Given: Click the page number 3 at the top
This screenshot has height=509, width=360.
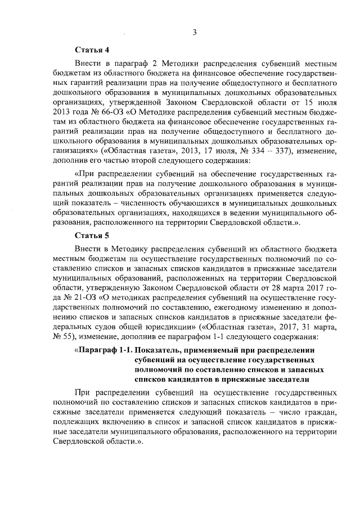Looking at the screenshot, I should pyautogui.click(x=193, y=32).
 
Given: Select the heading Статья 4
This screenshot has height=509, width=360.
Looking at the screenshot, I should pyautogui.click(x=91, y=49).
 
